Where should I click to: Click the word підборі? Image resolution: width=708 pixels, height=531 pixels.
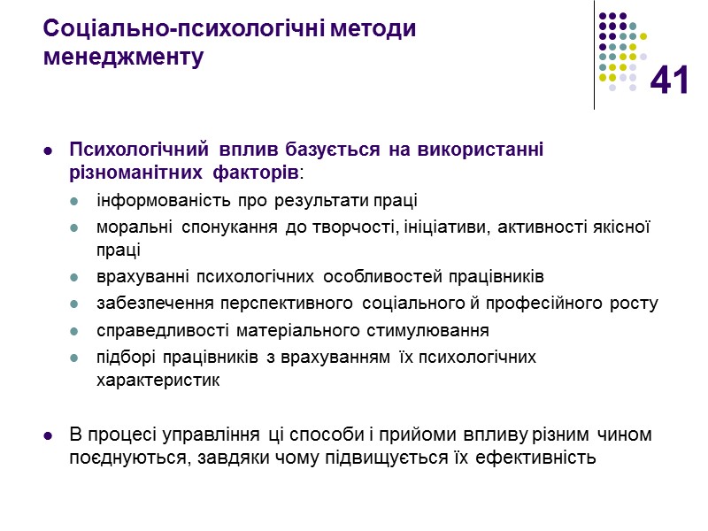pyautogui.click(x=125, y=358)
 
